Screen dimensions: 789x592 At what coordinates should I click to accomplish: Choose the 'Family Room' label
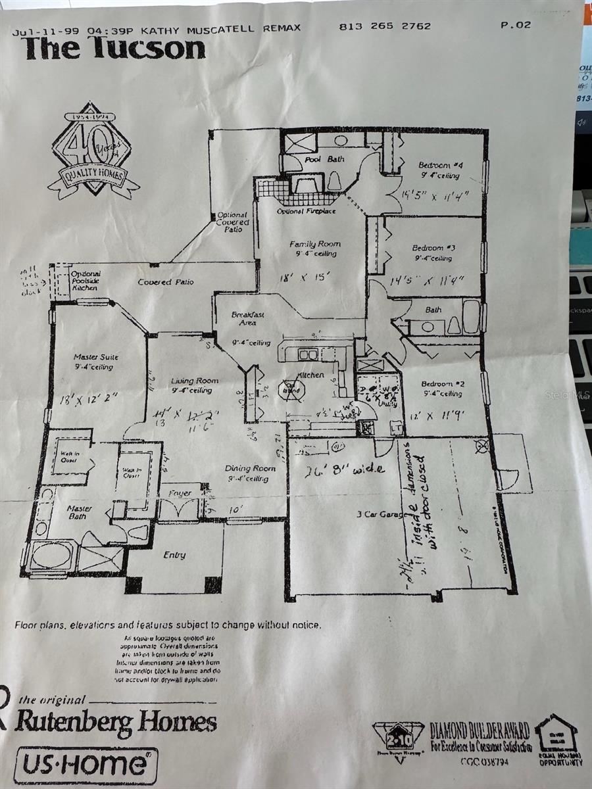315,244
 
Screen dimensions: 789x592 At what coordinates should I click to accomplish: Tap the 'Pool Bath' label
320,160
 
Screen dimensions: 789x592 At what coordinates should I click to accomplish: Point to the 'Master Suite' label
96,358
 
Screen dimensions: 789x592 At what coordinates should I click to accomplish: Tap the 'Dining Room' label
250,469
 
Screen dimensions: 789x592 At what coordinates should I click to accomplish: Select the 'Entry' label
174,555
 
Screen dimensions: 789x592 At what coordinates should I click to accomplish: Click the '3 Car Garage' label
384,514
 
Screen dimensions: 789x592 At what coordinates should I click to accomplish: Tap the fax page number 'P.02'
515,26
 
